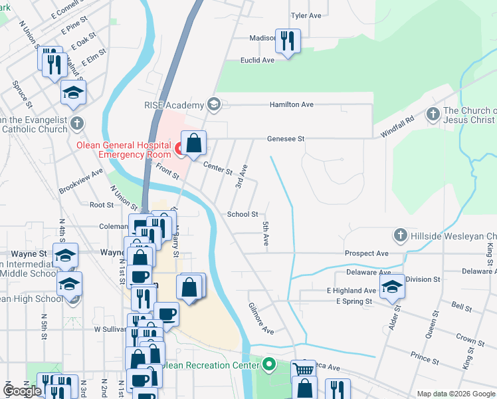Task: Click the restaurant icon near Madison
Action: point(288,41)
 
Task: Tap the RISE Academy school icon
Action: point(214,104)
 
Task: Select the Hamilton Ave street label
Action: point(291,104)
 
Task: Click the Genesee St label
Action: point(286,139)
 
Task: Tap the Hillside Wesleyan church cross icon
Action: point(400,235)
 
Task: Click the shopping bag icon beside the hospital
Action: point(193,143)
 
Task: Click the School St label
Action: point(243,214)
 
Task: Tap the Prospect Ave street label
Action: point(366,253)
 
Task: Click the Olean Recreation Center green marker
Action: point(268,365)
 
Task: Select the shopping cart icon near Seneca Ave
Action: point(304,369)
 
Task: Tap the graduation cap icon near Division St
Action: point(392,287)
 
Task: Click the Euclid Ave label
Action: point(257,60)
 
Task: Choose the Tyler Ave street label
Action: point(306,15)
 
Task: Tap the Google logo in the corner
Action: point(22,391)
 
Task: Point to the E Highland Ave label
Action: point(351,291)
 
